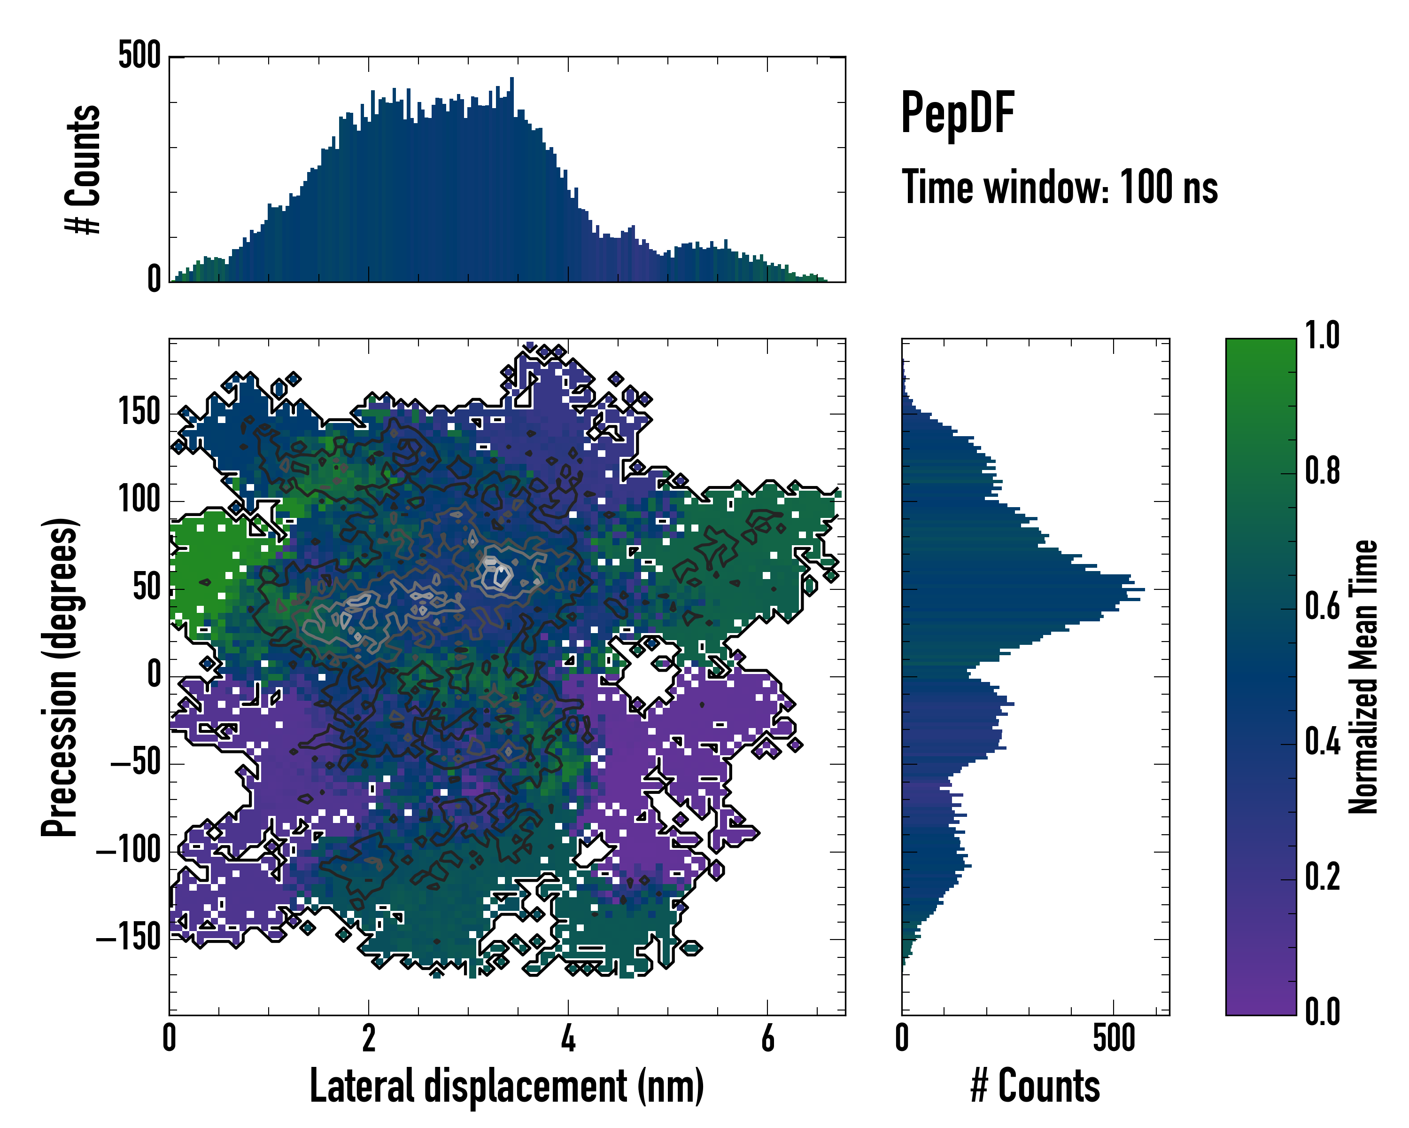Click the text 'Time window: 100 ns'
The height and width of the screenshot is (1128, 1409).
coord(1060,188)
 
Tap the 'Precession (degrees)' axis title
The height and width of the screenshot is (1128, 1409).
coord(60,677)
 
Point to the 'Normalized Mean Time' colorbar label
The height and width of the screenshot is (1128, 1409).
coord(1363,677)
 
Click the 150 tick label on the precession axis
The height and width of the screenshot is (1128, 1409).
coord(139,412)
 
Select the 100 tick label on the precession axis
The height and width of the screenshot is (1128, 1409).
coord(139,500)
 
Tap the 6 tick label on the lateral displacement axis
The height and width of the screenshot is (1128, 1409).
coord(767,1038)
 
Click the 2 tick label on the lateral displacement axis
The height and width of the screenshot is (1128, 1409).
coord(369,1038)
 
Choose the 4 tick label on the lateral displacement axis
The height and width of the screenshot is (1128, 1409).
coord(568,1038)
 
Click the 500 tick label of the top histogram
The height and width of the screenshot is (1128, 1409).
coord(139,55)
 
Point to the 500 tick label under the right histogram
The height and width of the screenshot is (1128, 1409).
coord(1114,1038)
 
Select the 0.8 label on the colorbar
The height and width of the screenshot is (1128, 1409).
coord(1322,471)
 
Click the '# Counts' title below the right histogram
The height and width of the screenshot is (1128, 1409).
coord(1035,1086)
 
